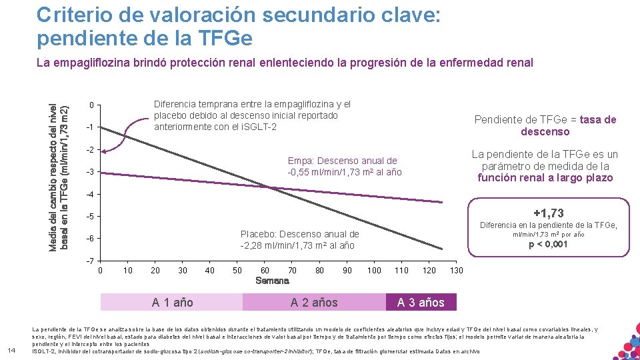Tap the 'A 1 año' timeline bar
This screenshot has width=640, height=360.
pyautogui.click(x=172, y=302)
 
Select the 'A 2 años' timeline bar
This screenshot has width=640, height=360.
pyautogui.click(x=314, y=302)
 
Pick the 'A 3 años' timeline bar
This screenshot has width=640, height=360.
pyautogui.click(x=421, y=302)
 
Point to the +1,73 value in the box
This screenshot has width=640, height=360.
pyautogui.click(x=549, y=213)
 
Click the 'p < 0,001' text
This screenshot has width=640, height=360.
pyautogui.click(x=549, y=244)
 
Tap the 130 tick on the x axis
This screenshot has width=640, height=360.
pyautogui.click(x=457, y=270)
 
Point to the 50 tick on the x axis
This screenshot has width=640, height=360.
pyautogui.click(x=237, y=270)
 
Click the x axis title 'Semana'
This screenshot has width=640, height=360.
pyautogui.click(x=273, y=281)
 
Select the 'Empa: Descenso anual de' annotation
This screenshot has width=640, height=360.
pyautogui.click(x=343, y=161)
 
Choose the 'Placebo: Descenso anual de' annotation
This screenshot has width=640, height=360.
pyautogui.click(x=299, y=234)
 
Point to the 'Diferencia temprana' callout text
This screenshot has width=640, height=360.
pyautogui.click(x=252, y=104)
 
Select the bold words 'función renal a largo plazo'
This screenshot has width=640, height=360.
pyautogui.click(x=545, y=177)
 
